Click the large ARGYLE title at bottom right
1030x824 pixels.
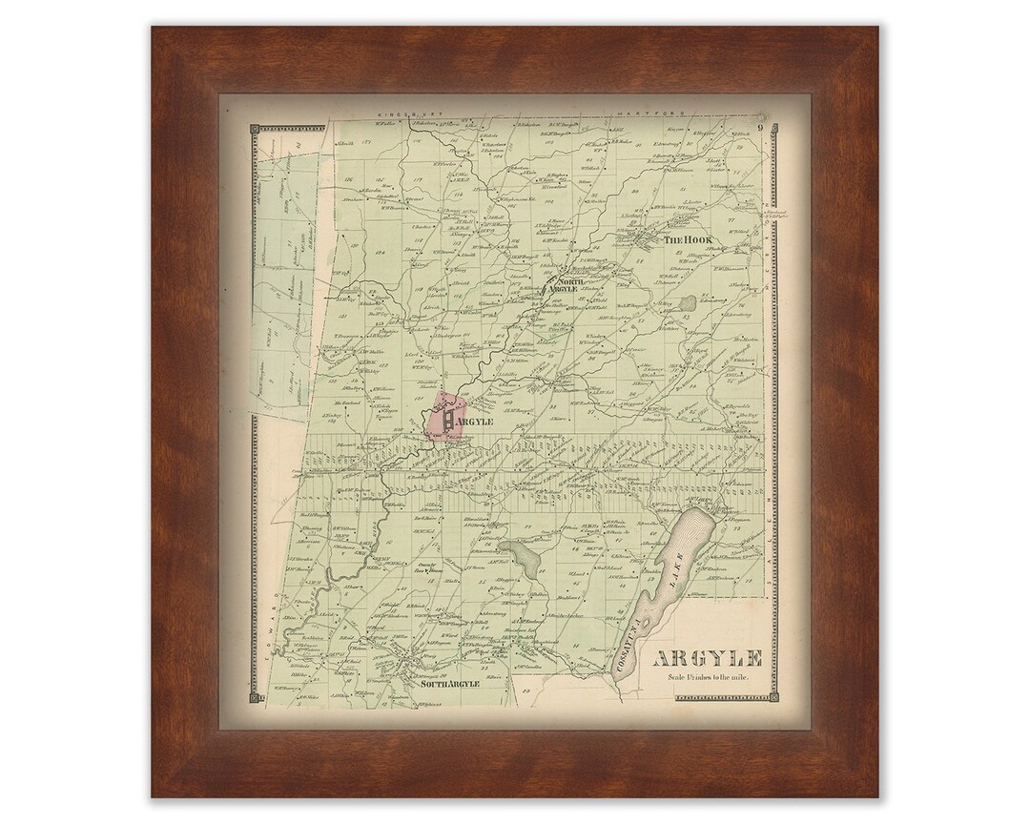click(707, 659)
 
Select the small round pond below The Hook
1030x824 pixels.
click(688, 303)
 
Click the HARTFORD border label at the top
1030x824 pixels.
click(638, 113)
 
